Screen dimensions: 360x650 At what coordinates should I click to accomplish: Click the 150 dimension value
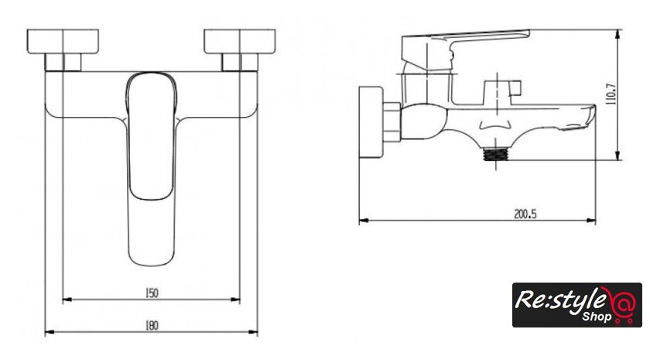click(x=152, y=293)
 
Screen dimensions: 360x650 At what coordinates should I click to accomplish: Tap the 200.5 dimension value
click(x=525, y=214)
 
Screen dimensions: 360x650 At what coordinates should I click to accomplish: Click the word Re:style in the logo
click(x=563, y=299)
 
